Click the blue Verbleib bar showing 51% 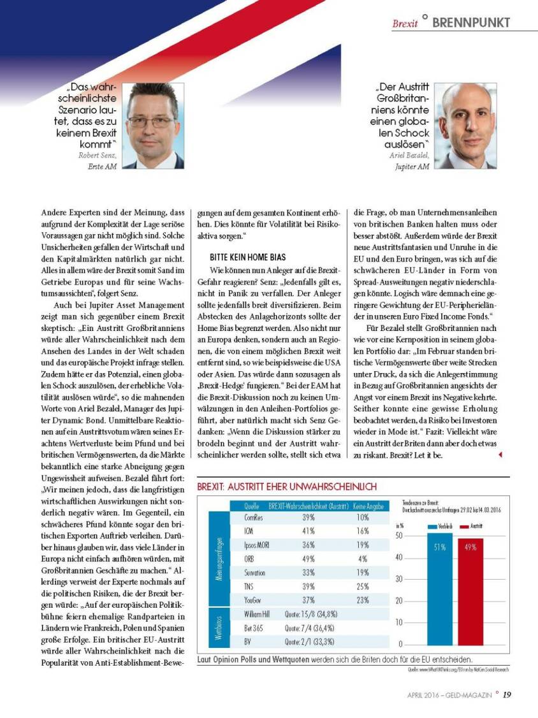(439, 590)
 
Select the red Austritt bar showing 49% (470, 592)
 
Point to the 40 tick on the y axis (399, 557)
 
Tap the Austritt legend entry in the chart (476, 526)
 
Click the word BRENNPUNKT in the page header (471, 22)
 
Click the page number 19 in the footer (506, 695)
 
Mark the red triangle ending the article (500, 455)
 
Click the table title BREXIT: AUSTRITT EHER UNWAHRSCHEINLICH (287, 487)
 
